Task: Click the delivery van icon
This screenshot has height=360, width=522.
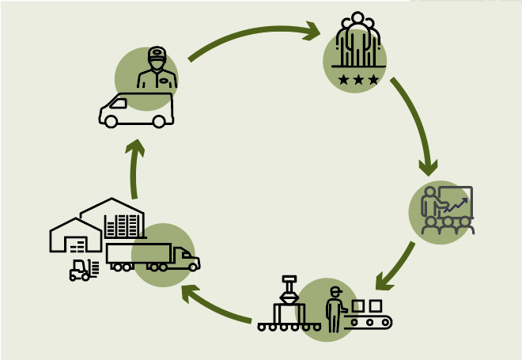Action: pos(136,110)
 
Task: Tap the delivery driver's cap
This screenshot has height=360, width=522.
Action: pos(157,53)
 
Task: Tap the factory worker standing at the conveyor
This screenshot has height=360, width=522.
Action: pos(335,308)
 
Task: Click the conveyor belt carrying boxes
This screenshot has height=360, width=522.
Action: pos(371,321)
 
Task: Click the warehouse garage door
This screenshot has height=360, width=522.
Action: pos(76,244)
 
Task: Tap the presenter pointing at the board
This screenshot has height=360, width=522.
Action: pos(432,203)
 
